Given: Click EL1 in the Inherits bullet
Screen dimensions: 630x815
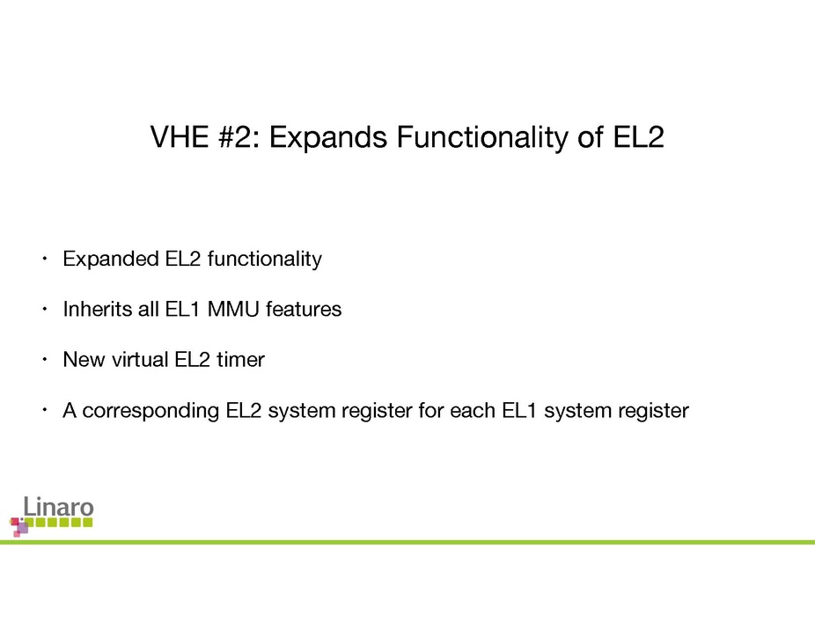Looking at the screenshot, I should tap(166, 310).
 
